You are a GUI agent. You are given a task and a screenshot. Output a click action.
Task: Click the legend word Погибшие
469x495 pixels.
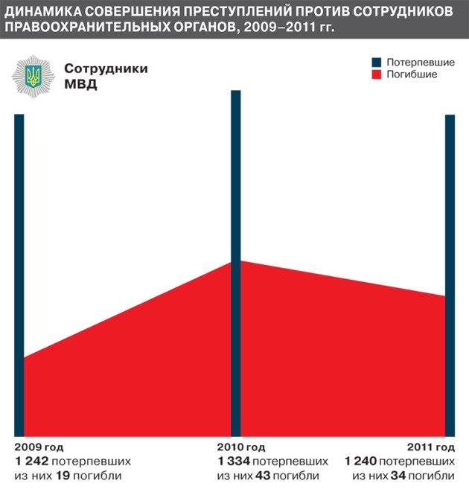[x=412, y=75]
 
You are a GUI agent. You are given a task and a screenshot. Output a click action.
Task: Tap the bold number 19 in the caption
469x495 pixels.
[x=64, y=476]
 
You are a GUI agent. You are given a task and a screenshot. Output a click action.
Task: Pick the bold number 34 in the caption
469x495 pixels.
[x=400, y=476]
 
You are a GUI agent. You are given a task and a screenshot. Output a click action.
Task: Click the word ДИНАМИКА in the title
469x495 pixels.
[x=44, y=13]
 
